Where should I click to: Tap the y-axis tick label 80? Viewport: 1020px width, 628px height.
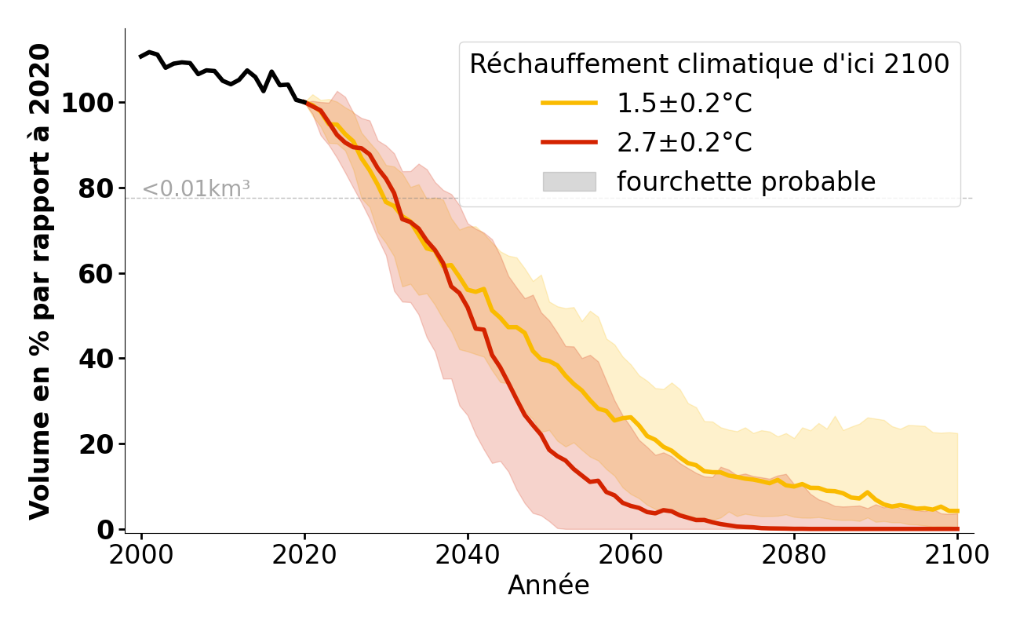[94, 188]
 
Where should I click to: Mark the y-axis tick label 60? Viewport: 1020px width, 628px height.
[94, 273]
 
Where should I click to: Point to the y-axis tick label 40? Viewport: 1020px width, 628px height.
[94, 359]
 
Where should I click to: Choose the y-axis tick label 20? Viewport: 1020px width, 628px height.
[94, 444]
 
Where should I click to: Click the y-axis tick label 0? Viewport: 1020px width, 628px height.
[104, 529]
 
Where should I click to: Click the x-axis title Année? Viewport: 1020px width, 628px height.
[548, 586]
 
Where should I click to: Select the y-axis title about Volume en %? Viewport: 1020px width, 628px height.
[40, 281]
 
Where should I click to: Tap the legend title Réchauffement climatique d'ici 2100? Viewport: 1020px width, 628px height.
[709, 64]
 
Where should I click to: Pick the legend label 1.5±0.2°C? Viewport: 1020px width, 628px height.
[684, 104]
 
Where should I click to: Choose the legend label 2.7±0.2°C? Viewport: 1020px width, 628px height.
[684, 143]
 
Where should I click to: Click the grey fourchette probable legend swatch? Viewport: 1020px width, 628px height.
[569, 182]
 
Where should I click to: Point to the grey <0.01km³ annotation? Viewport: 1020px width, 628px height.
[196, 189]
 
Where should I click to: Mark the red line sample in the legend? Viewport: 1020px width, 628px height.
[569, 143]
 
